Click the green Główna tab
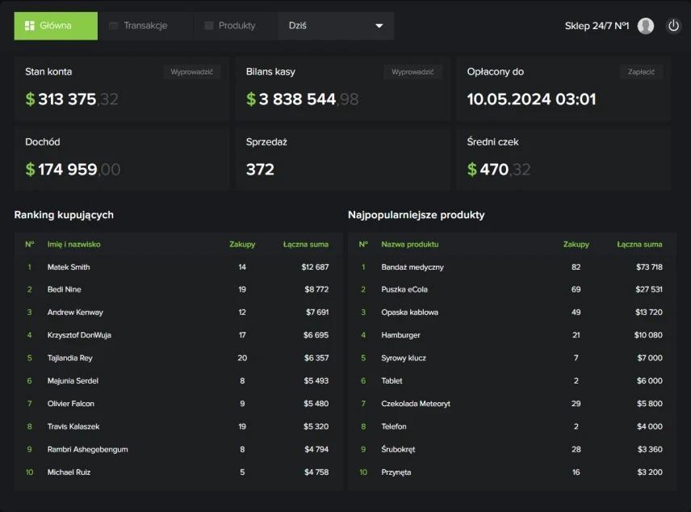tap(56, 26)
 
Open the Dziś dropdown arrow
tap(379, 26)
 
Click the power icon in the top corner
tap(673, 26)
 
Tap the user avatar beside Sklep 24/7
tap(646, 26)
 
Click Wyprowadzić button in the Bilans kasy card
tap(413, 72)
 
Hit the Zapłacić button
tap(641, 72)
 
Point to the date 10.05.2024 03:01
tap(531, 99)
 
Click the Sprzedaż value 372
tap(260, 170)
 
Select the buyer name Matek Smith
tap(69, 266)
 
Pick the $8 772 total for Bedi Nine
tap(316, 289)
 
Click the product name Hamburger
tap(400, 335)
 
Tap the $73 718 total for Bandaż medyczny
tap(649, 266)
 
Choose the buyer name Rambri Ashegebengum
tap(88, 449)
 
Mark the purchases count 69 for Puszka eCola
tap(576, 289)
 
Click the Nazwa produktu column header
tap(410, 245)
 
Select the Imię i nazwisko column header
tap(74, 245)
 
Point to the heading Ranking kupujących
tap(64, 215)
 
